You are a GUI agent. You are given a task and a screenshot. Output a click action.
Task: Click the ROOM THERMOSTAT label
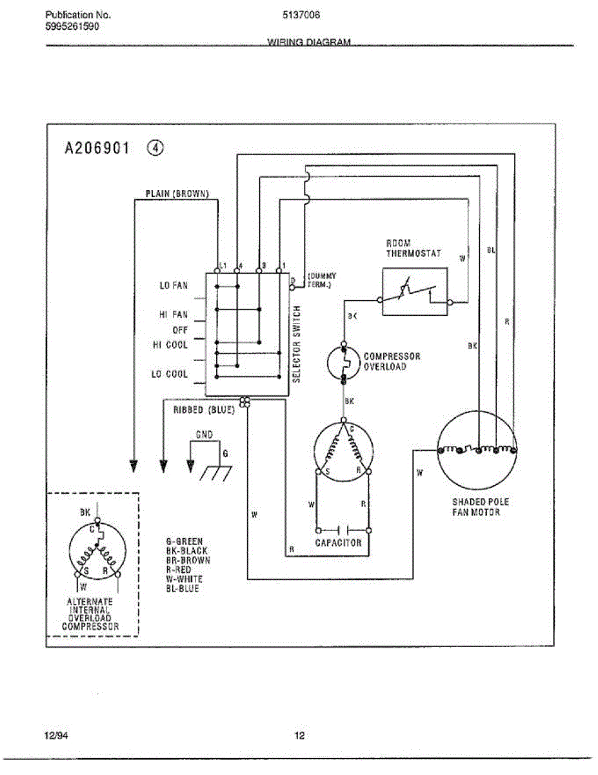pos(414,249)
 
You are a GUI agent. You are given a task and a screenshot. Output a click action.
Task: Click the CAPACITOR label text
pos(338,543)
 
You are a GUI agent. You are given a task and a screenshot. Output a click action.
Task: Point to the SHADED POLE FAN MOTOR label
pos(479,507)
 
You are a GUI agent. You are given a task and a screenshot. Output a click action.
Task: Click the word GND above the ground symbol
pos(203,435)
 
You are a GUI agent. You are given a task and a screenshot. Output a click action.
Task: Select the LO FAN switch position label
pos(174,285)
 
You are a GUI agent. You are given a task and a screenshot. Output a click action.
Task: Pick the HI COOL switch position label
pos(170,345)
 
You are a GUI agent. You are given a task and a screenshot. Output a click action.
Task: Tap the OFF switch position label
pos(180,330)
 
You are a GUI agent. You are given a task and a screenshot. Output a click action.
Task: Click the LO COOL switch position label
pos(170,375)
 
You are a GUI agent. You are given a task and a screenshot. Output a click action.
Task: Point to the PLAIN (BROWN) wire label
pos(176,193)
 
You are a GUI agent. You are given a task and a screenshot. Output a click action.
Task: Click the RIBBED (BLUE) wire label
pos(203,410)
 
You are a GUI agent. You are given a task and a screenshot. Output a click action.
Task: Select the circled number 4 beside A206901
pos(155,148)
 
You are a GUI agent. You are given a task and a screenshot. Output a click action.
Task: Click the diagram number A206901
pos(97,149)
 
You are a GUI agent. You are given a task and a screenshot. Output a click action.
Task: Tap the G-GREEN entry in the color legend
pos(184,541)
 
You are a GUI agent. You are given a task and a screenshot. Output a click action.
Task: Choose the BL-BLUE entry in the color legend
pos(183,589)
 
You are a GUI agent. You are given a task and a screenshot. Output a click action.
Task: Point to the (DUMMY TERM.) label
pos(321,280)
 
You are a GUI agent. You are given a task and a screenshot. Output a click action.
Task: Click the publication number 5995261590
pos(73,26)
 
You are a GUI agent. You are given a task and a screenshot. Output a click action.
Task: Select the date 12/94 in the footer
pos(56,735)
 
